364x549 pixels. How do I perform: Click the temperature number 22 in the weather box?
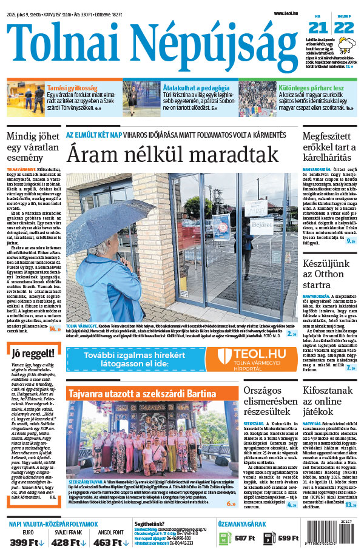(x=343, y=27)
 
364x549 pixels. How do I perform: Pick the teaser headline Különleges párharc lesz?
(x=311, y=88)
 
